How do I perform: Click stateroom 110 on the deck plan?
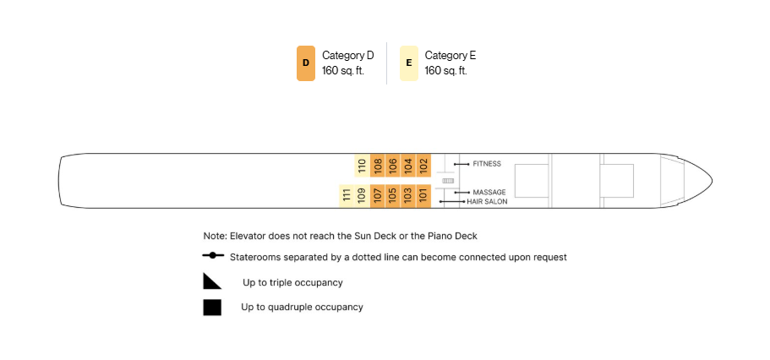click(x=362, y=166)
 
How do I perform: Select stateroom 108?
click(x=378, y=166)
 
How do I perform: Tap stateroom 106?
click(x=393, y=166)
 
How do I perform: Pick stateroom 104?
click(x=408, y=166)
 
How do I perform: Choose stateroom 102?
click(x=423, y=166)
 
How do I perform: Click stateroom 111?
click(x=347, y=196)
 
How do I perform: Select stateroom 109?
click(x=362, y=196)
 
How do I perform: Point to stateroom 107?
click(x=378, y=196)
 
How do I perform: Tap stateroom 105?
click(x=393, y=196)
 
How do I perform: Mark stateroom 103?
click(x=408, y=196)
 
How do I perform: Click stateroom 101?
click(x=423, y=196)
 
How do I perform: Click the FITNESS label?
click(x=487, y=164)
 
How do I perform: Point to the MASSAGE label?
click(x=489, y=193)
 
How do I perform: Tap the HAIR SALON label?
click(x=487, y=202)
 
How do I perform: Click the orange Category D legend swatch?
click(x=305, y=63)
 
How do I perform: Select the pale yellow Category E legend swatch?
click(x=408, y=63)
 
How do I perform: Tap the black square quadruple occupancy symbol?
click(x=212, y=308)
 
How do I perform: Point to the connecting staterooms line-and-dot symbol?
click(x=213, y=255)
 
